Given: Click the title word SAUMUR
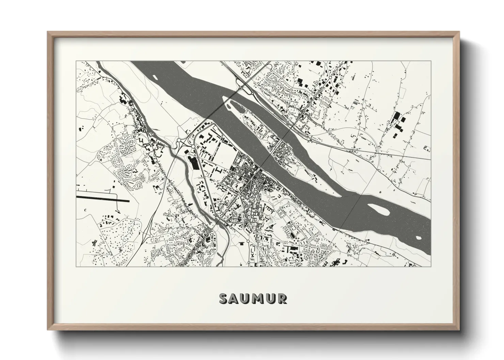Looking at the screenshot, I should pos(253,298).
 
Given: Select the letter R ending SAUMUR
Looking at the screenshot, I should pos(282,298).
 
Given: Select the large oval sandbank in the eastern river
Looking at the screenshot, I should pos(378,210).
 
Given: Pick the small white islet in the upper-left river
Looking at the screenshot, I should pos(157,76).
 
